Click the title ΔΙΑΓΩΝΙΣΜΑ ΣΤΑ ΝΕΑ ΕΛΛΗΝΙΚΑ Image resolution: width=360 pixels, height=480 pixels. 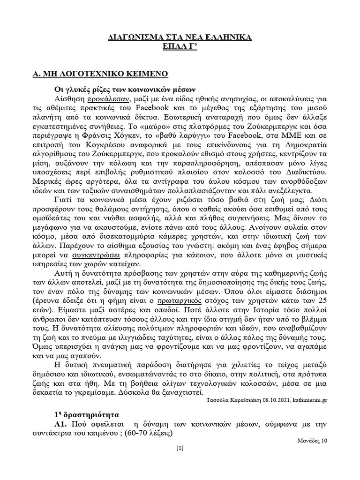click(x=180, y=37)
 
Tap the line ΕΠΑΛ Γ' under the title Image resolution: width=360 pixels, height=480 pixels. click(x=180, y=47)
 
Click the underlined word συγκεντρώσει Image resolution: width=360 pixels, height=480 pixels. click(x=97, y=255)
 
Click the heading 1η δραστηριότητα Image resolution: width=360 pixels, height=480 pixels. click(x=87, y=414)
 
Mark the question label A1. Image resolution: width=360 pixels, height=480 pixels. click(x=62, y=424)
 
